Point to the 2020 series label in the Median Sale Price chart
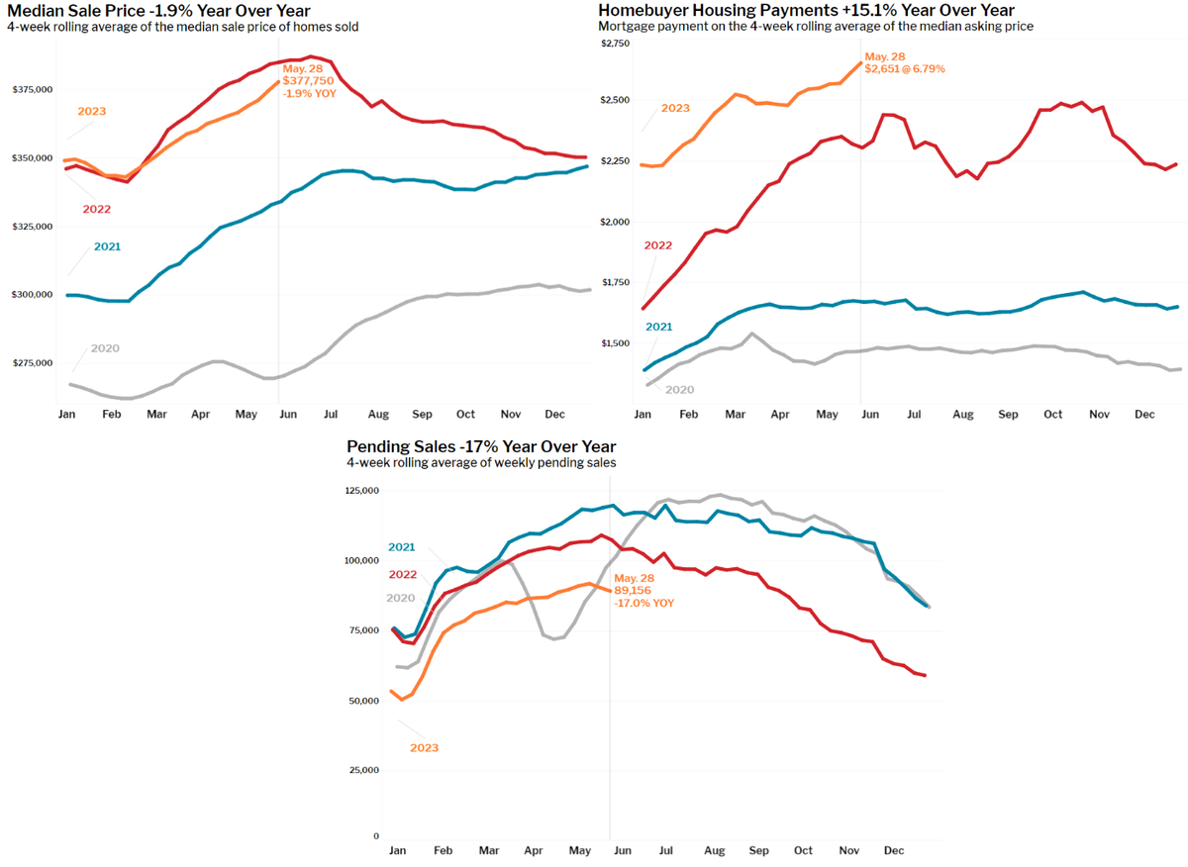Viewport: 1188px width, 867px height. pos(104,348)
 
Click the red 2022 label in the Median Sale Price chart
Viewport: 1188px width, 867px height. pos(97,209)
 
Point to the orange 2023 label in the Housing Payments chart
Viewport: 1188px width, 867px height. pos(674,108)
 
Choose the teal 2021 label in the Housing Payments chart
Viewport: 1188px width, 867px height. pos(659,327)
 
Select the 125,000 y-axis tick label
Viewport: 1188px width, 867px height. pos(362,491)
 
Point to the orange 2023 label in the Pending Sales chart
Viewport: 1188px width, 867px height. pos(424,748)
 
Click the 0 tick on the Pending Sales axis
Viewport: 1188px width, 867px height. pos(376,837)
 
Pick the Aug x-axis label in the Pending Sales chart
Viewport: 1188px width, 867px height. pos(714,851)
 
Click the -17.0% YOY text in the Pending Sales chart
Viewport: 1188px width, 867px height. pos(644,602)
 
